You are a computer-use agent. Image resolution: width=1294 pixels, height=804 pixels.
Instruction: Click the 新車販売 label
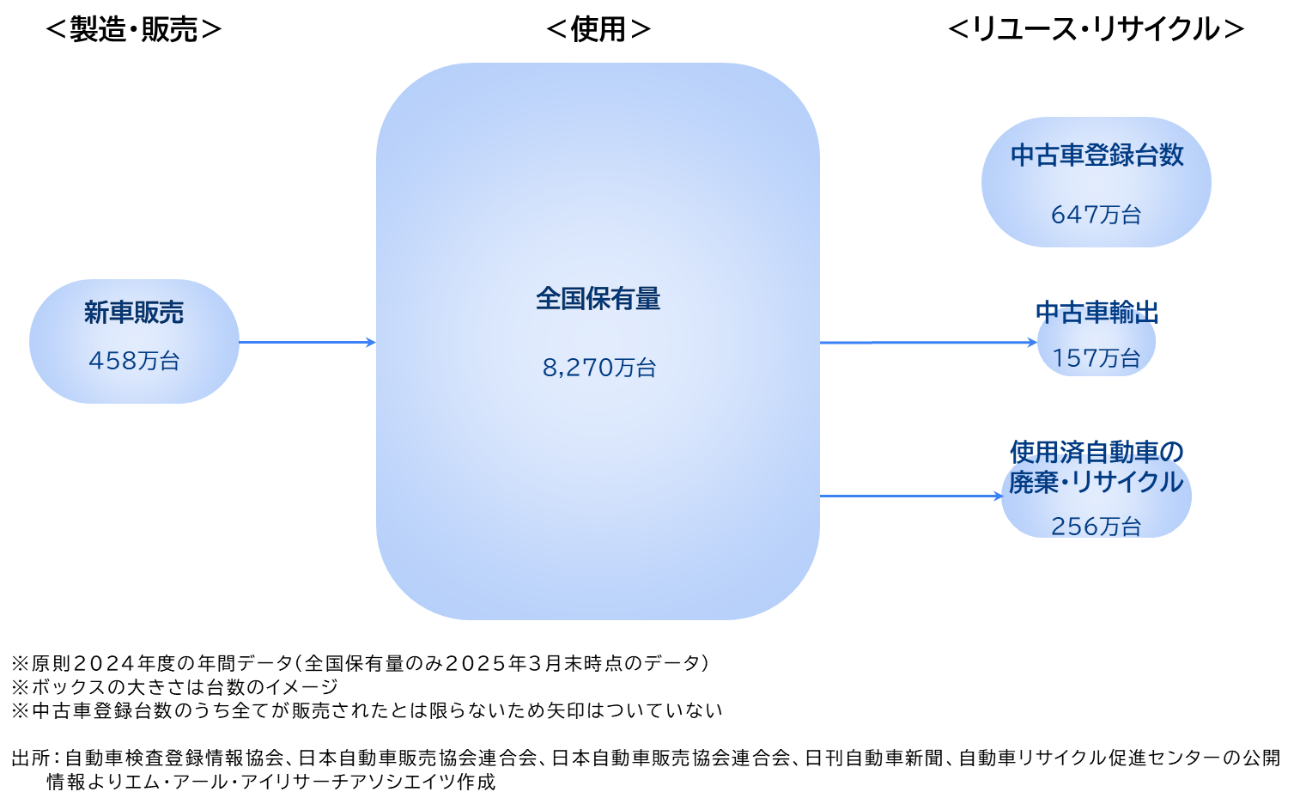pos(134,313)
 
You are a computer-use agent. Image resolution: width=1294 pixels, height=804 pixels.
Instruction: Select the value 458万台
pos(134,361)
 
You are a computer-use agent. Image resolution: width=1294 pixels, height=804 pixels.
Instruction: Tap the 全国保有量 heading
pos(598,299)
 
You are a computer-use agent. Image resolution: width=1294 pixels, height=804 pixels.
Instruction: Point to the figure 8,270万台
pos(598,368)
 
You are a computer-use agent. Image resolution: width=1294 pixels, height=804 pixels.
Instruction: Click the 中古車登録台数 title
pos(1097,155)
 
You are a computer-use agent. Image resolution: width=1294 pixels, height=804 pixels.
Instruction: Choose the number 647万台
pos(1096,214)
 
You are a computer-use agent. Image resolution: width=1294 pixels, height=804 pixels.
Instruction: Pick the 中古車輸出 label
pos(1097,313)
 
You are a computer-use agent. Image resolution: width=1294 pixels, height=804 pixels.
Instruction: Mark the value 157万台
pos(1096,357)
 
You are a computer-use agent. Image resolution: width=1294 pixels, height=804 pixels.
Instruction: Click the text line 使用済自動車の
pos(1097,451)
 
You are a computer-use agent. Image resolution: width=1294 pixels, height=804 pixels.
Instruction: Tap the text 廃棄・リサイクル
pos(1096,482)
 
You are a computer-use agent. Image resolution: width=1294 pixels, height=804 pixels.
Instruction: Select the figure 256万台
pos(1096,525)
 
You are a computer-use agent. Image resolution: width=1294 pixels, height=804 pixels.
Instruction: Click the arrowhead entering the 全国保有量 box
pos(371,342)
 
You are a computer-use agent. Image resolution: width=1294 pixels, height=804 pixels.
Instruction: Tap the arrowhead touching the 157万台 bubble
pos(1032,342)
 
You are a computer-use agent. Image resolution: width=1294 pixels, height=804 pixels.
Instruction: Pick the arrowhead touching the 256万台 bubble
pos(997,496)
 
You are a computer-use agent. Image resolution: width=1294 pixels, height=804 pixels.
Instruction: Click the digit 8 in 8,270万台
pos(550,368)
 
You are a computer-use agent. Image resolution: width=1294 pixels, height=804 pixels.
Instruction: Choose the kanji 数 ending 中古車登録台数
pos(1171,155)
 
